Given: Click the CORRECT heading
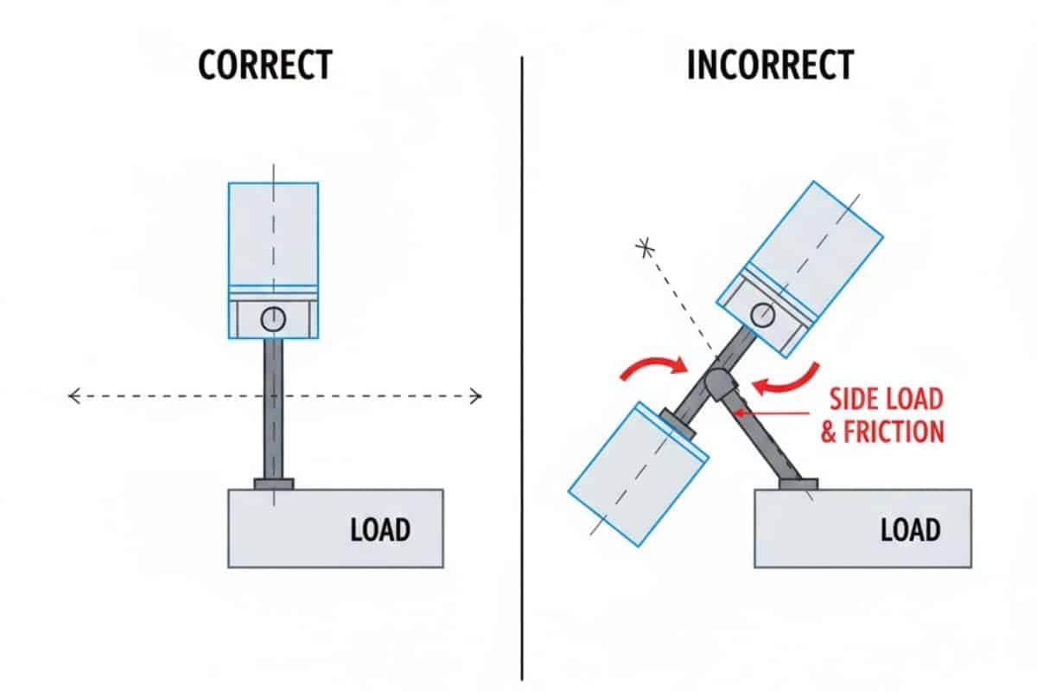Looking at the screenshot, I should tap(264, 66).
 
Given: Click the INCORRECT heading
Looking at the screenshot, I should tap(771, 66).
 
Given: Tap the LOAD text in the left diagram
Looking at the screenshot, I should tap(379, 529).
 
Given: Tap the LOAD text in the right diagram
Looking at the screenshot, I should tap(910, 529).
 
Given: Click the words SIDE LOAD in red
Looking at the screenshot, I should tap(886, 400).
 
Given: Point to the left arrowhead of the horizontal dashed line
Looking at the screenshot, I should tap(73, 397).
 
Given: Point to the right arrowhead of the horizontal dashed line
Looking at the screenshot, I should tap(475, 397).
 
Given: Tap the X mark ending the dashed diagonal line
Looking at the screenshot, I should tap(643, 249).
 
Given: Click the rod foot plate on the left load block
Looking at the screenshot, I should tap(273, 484).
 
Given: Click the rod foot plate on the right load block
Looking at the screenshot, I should tap(798, 484).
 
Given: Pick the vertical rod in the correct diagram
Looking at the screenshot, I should tap(273, 407).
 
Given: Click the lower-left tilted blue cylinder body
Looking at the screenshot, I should tap(638, 474).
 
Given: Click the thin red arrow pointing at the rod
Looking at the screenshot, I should tap(778, 413).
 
